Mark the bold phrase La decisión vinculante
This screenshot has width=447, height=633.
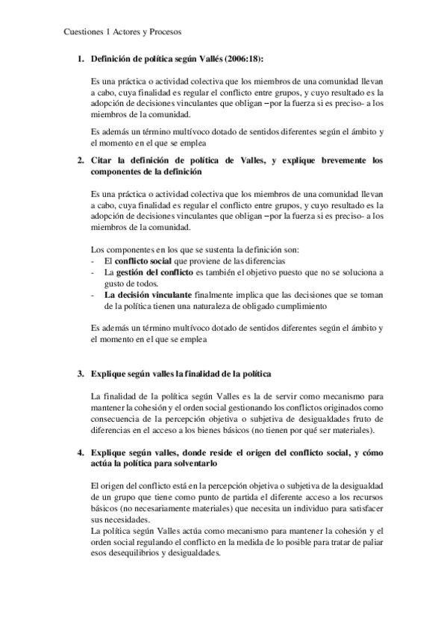pyautogui.click(x=139, y=295)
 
